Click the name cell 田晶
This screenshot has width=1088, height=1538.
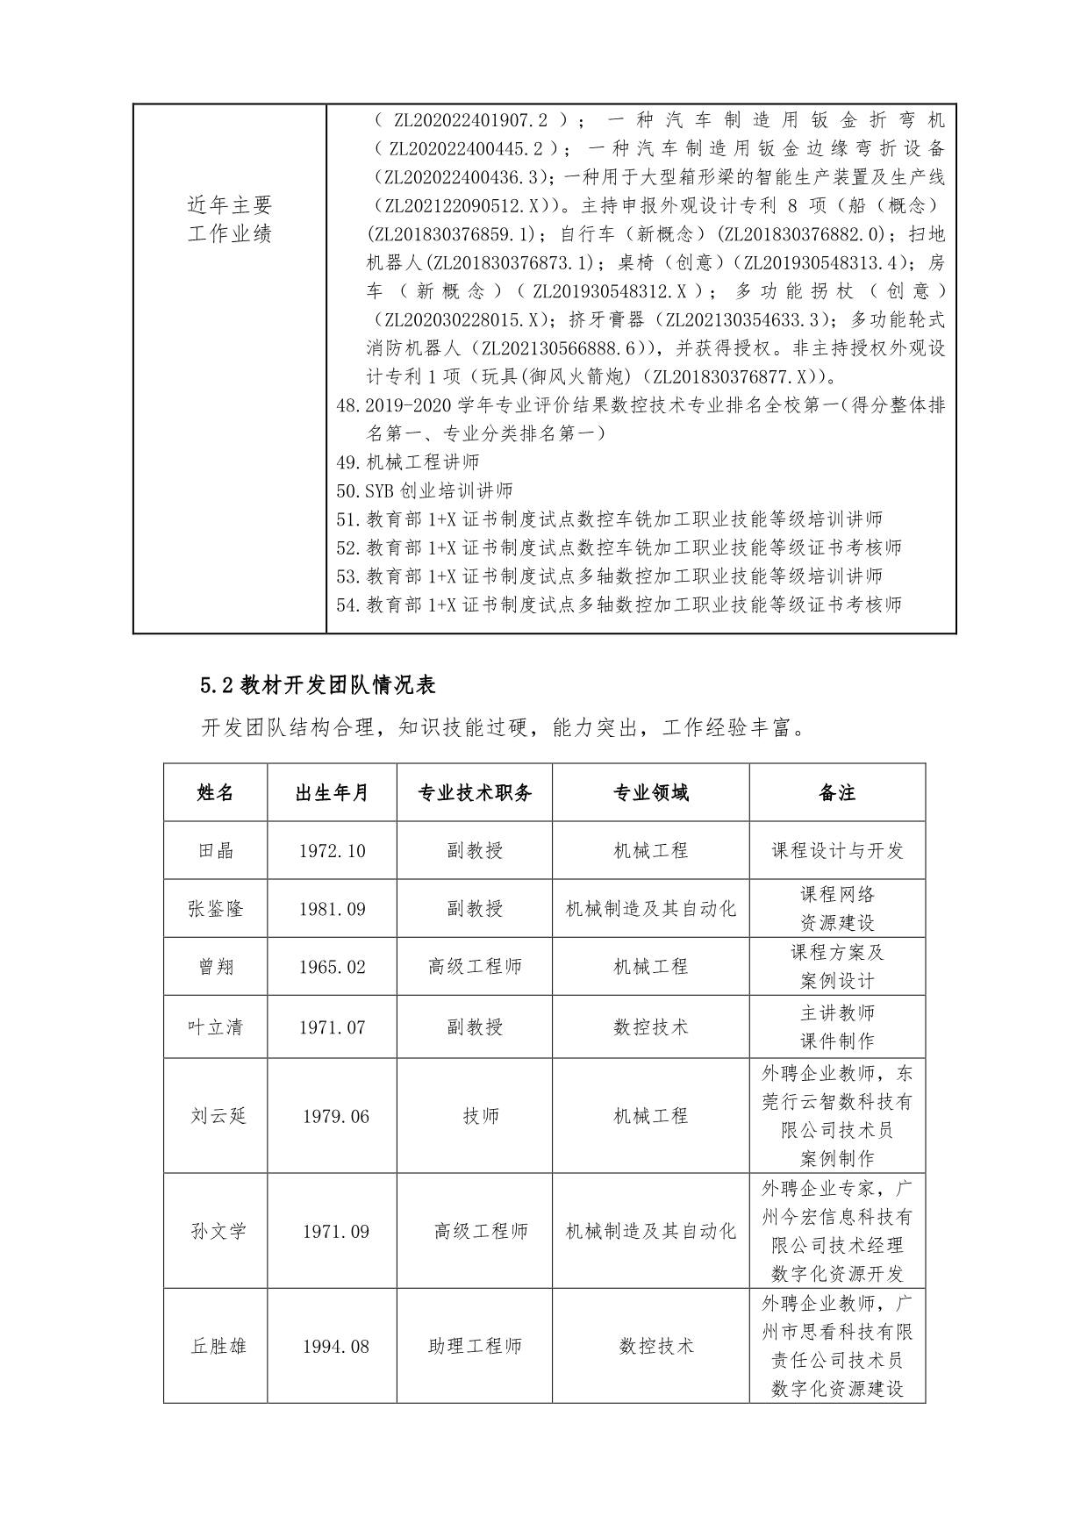tap(215, 850)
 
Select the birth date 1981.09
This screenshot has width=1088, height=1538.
tap(332, 909)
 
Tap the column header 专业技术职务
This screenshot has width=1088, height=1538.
tap(474, 793)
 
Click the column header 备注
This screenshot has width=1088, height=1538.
tap(836, 793)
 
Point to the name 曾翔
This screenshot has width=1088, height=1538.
tap(215, 967)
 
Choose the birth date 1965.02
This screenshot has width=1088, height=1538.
tap(332, 967)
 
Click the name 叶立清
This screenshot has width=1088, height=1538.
tap(215, 1027)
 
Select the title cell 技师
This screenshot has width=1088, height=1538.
tap(481, 1116)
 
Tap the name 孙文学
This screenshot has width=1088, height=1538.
tap(218, 1232)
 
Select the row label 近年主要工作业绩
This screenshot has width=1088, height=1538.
tap(230, 219)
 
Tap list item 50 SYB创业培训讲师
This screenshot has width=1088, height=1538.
tap(425, 490)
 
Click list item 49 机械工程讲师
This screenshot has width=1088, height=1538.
tap(408, 462)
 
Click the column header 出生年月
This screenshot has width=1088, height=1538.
tap(332, 793)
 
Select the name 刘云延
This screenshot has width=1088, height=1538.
tap(218, 1116)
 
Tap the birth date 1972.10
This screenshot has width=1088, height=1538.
tap(332, 850)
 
